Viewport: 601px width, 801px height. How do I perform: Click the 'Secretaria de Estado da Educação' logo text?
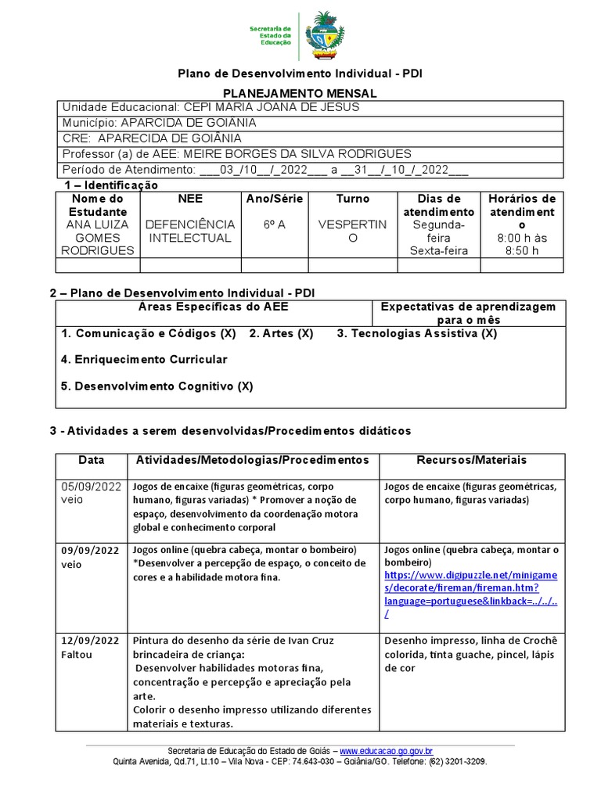(x=270, y=36)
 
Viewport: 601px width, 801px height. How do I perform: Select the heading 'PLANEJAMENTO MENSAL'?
(x=300, y=93)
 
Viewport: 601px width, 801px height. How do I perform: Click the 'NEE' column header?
(x=190, y=199)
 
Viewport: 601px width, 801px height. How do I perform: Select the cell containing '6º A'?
(x=274, y=224)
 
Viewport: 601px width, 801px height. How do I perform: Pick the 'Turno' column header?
(x=352, y=199)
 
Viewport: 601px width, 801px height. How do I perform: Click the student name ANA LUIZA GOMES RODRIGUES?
(x=97, y=237)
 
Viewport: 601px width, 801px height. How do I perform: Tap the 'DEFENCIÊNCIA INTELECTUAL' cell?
(x=190, y=231)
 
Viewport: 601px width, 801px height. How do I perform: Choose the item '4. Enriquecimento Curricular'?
(x=144, y=359)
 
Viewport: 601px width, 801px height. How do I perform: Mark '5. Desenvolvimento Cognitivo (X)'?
(x=157, y=386)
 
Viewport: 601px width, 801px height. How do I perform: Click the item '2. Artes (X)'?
(x=281, y=333)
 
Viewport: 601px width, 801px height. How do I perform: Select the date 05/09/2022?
(x=91, y=486)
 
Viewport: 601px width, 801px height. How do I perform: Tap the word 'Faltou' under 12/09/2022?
(x=77, y=654)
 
